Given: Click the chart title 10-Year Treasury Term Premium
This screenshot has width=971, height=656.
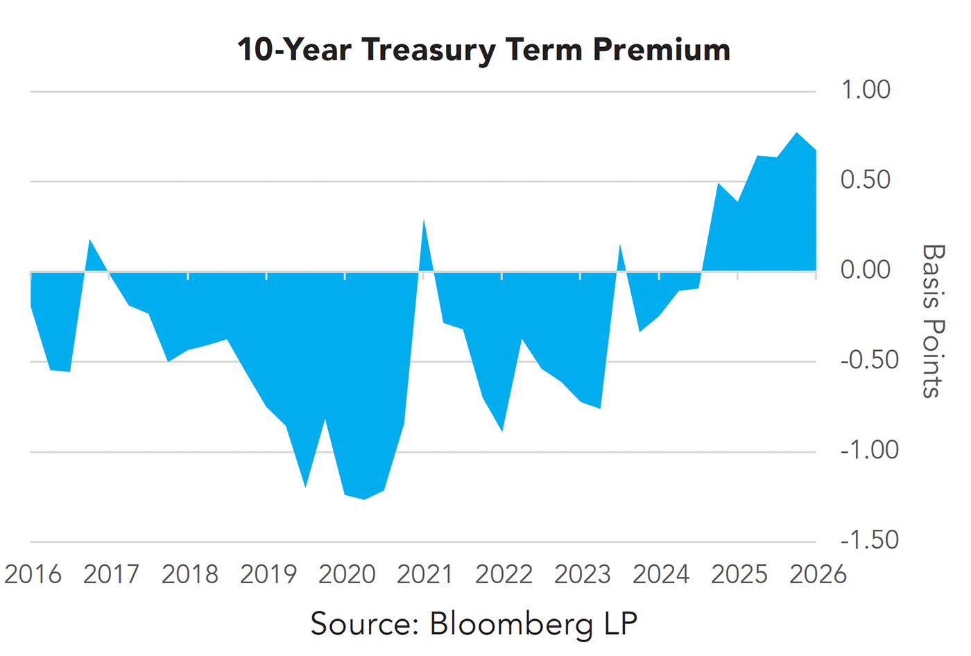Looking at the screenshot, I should point(483,50).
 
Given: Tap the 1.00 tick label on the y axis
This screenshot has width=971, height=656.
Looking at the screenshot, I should point(865,90).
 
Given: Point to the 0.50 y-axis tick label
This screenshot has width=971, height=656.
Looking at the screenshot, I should point(865,180).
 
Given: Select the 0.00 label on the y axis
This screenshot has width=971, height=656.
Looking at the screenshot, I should point(865,270).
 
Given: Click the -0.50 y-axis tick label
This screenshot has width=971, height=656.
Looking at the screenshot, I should point(869,360).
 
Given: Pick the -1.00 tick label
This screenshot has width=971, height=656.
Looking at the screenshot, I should point(869,450).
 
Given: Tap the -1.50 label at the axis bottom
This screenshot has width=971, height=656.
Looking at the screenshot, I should point(869,540).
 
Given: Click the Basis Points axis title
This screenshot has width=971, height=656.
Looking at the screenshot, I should point(934,320).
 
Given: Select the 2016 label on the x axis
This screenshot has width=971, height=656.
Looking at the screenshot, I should point(33,575).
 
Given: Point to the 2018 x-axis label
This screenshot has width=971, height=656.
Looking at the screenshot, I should point(189,575).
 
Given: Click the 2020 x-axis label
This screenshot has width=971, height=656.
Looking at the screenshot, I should point(347,575).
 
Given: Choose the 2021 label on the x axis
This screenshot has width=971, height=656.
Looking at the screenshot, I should point(424,575).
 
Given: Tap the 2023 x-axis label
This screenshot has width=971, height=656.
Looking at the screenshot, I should point(582,575).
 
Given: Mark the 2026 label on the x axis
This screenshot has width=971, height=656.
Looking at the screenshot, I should point(818,575).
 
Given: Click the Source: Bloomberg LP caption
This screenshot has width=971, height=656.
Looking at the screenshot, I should point(474,623).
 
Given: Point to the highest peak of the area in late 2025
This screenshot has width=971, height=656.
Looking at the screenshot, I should point(797,133).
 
